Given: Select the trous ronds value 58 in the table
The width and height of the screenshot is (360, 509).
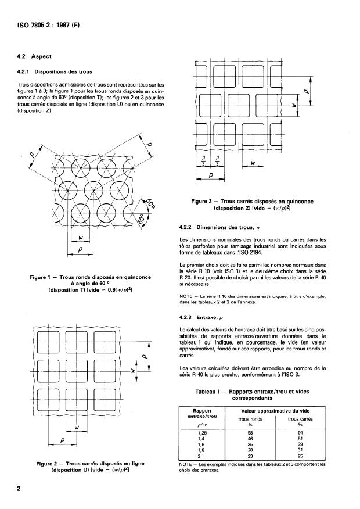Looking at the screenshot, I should pos(264,433).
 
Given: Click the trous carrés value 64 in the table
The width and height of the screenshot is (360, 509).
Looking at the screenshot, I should pos(317,433).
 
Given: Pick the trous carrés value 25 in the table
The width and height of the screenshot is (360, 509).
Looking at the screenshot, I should pos(317,457).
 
